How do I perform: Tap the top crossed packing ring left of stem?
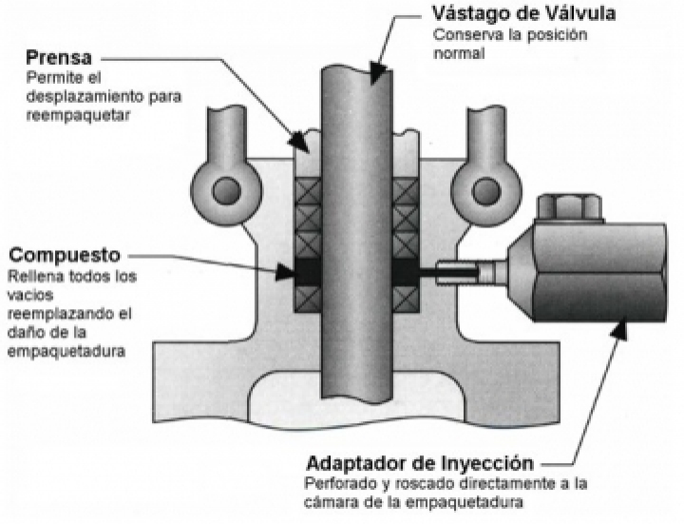point(308,190)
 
